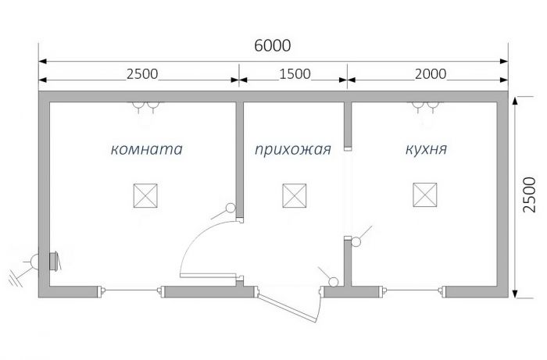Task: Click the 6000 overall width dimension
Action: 273,45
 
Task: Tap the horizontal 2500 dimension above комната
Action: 142,74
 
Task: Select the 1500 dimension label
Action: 295,74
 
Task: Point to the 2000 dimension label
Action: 431,74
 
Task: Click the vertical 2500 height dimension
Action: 529,194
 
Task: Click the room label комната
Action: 147,149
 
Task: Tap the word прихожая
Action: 293,149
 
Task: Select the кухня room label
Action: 426,149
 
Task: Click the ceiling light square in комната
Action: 145,195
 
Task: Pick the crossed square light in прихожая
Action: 295,195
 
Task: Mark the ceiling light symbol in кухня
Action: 425,194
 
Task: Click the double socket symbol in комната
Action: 146,107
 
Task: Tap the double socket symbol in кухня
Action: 425,107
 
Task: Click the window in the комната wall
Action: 131,290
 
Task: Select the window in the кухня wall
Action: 413,290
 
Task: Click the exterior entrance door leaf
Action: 287,308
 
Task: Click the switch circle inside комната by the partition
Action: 231,208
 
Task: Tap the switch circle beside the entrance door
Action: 334,282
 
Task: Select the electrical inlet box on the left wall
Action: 54,262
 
